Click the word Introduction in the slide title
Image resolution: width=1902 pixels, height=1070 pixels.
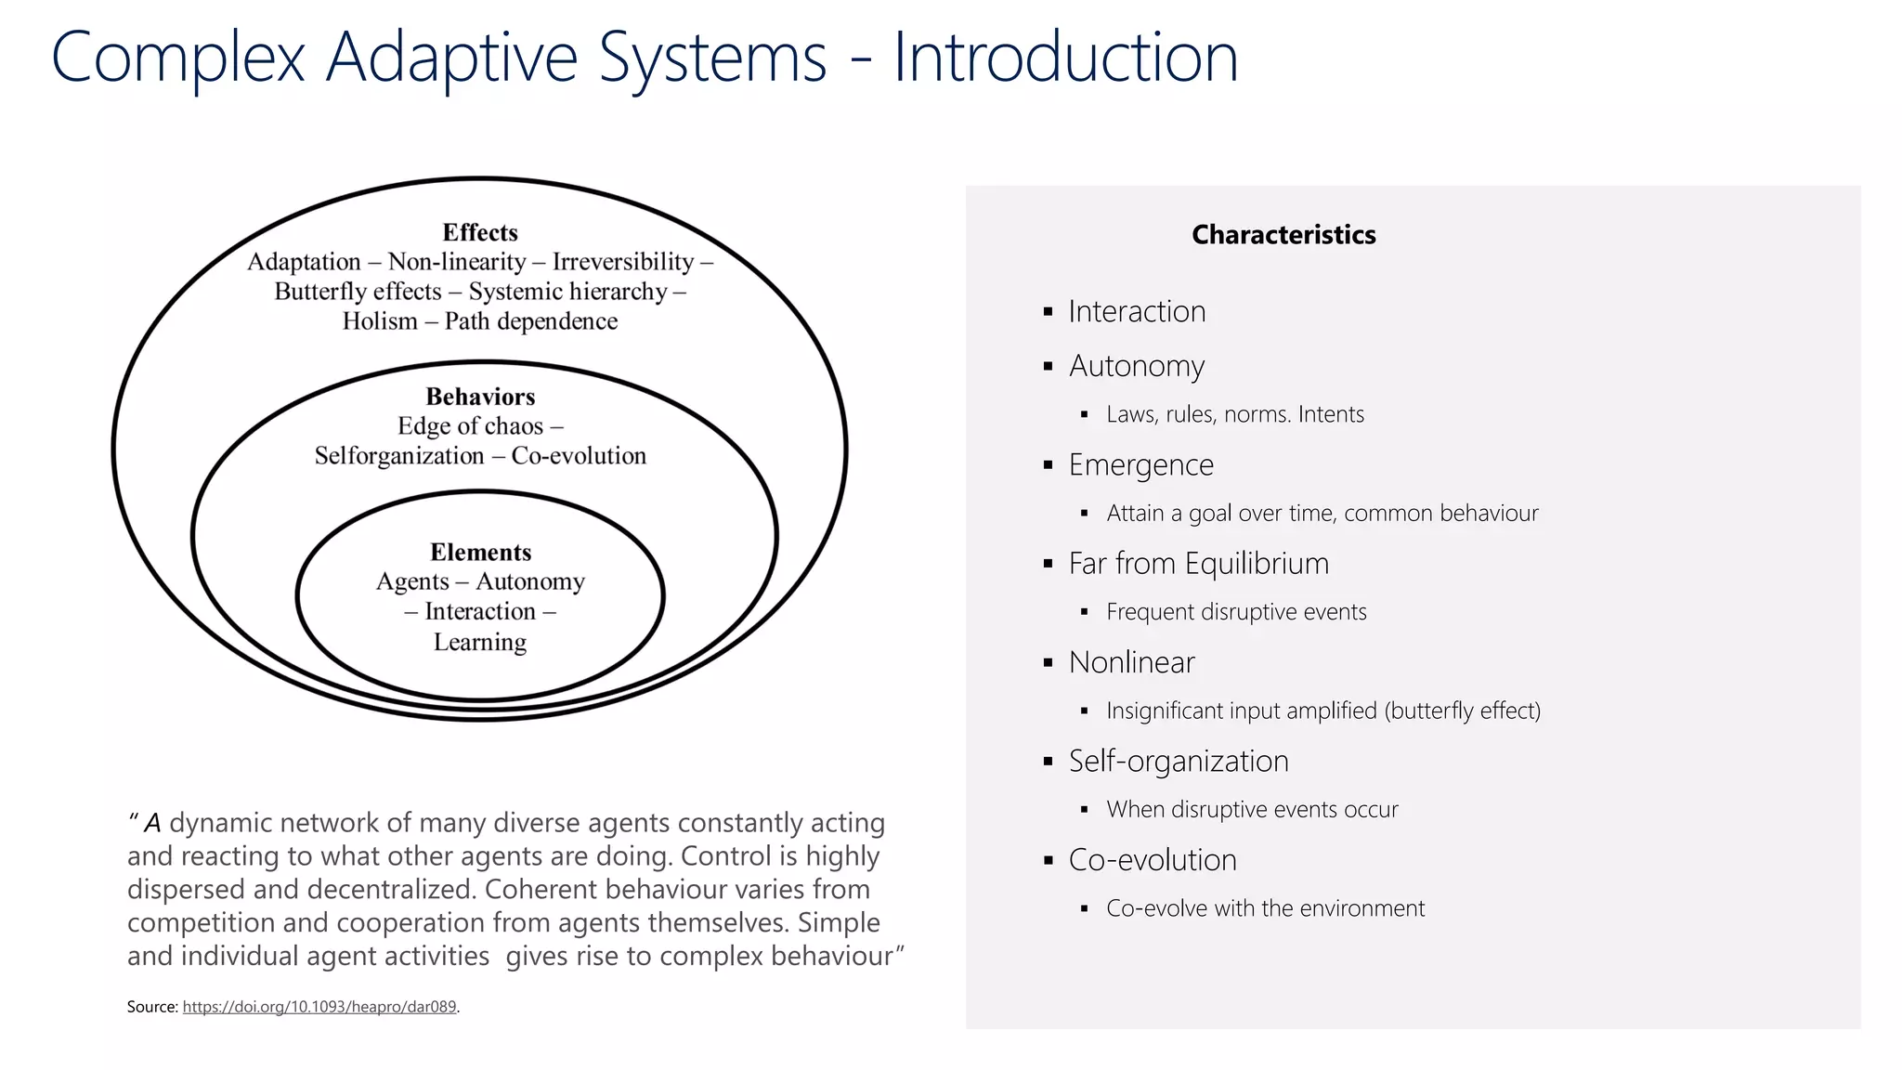point(1065,58)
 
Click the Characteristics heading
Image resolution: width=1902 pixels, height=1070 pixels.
point(1283,235)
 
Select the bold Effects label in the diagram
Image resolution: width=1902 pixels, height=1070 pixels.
point(479,232)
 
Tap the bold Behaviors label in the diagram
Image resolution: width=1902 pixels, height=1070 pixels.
point(480,397)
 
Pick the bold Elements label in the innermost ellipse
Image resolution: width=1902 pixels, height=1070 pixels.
point(480,552)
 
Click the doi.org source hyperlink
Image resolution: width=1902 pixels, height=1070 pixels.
point(319,1007)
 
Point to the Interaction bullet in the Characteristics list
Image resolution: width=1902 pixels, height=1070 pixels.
point(1137,311)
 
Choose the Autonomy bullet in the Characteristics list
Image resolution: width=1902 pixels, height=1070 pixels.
point(1136,366)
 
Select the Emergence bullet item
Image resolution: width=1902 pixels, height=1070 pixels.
point(1140,464)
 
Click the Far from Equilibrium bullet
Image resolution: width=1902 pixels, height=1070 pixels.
point(1198,564)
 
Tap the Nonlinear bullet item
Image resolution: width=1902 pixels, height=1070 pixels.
point(1131,662)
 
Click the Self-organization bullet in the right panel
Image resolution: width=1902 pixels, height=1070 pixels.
point(1178,761)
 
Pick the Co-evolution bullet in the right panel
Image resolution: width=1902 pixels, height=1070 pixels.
point(1152,860)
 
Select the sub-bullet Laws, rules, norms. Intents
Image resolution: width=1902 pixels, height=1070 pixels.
point(1234,414)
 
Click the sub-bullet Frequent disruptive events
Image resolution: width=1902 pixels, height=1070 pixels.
point(1235,612)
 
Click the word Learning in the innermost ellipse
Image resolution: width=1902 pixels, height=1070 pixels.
point(479,642)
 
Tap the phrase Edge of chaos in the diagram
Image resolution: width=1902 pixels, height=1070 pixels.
point(470,426)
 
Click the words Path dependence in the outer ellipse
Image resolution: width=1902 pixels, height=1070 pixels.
point(530,321)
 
